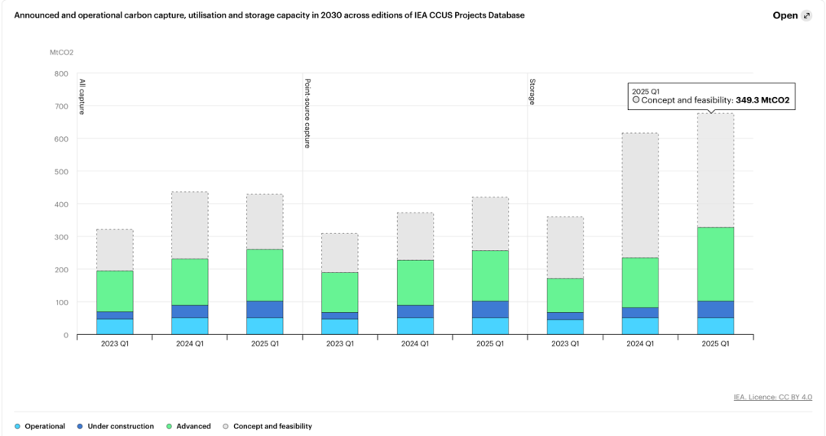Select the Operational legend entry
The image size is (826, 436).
pos(44,426)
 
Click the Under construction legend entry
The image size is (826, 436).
pos(120,426)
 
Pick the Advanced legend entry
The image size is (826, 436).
pos(193,426)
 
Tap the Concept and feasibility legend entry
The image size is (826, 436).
pos(272,426)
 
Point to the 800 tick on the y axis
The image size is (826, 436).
pos(61,73)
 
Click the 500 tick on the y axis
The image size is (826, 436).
pos(61,171)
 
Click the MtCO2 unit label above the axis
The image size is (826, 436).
pos(61,52)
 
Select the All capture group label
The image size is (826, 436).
pos(82,96)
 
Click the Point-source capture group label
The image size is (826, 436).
pos(307,113)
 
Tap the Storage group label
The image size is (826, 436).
pos(532,90)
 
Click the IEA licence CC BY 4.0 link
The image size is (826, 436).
pos(772,397)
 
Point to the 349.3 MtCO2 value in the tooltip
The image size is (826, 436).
pos(763,100)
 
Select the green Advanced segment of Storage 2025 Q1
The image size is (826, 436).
pos(715,264)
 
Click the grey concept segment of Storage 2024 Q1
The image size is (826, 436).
pos(640,195)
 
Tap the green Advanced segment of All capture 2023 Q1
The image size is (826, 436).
pos(115,291)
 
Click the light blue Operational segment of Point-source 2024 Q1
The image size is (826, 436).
pos(415,326)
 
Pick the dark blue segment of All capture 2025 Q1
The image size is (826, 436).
pos(265,309)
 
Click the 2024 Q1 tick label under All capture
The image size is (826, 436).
pos(190,344)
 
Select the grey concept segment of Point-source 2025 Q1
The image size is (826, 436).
pos(490,223)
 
